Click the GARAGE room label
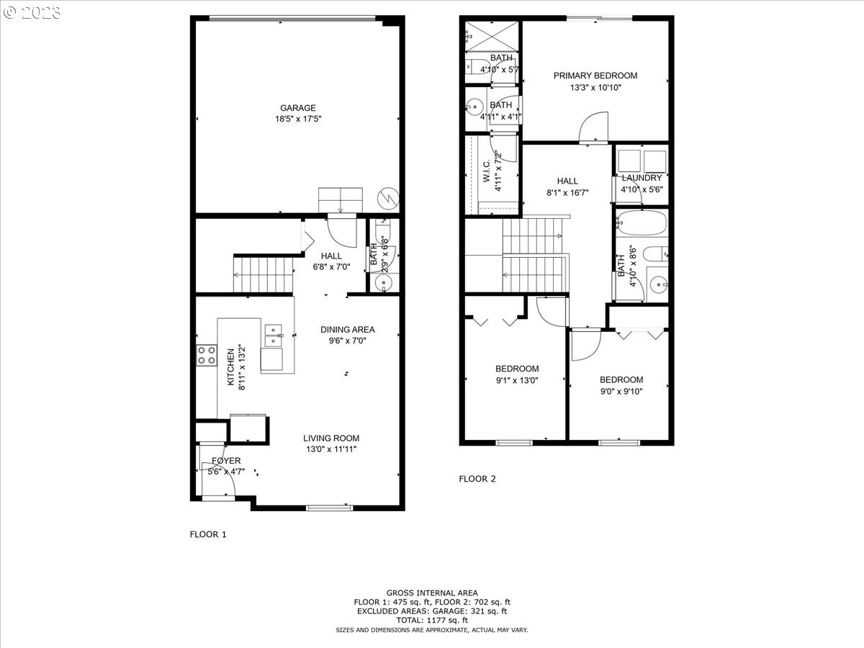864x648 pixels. [x=298, y=108]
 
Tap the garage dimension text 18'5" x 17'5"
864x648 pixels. [x=298, y=120]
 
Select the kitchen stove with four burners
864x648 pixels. [x=207, y=354]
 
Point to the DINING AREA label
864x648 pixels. [x=348, y=330]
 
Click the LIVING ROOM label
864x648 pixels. [x=330, y=438]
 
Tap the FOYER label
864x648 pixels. [x=225, y=461]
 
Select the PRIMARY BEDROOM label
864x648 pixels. [x=595, y=76]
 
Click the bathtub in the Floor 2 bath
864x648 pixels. [x=642, y=224]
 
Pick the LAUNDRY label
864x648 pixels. [x=642, y=178]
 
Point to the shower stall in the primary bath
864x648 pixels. [x=492, y=35]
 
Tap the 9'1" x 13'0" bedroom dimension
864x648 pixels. [x=516, y=380]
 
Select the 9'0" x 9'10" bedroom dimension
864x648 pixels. [x=621, y=392]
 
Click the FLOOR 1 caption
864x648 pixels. [x=208, y=534]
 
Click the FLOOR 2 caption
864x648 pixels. [x=477, y=478]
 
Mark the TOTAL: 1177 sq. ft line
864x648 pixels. [x=431, y=620]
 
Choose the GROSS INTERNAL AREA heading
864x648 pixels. [x=431, y=593]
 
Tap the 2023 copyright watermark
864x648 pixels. [x=33, y=12]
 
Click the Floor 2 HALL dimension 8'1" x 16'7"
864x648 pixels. [x=568, y=192]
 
